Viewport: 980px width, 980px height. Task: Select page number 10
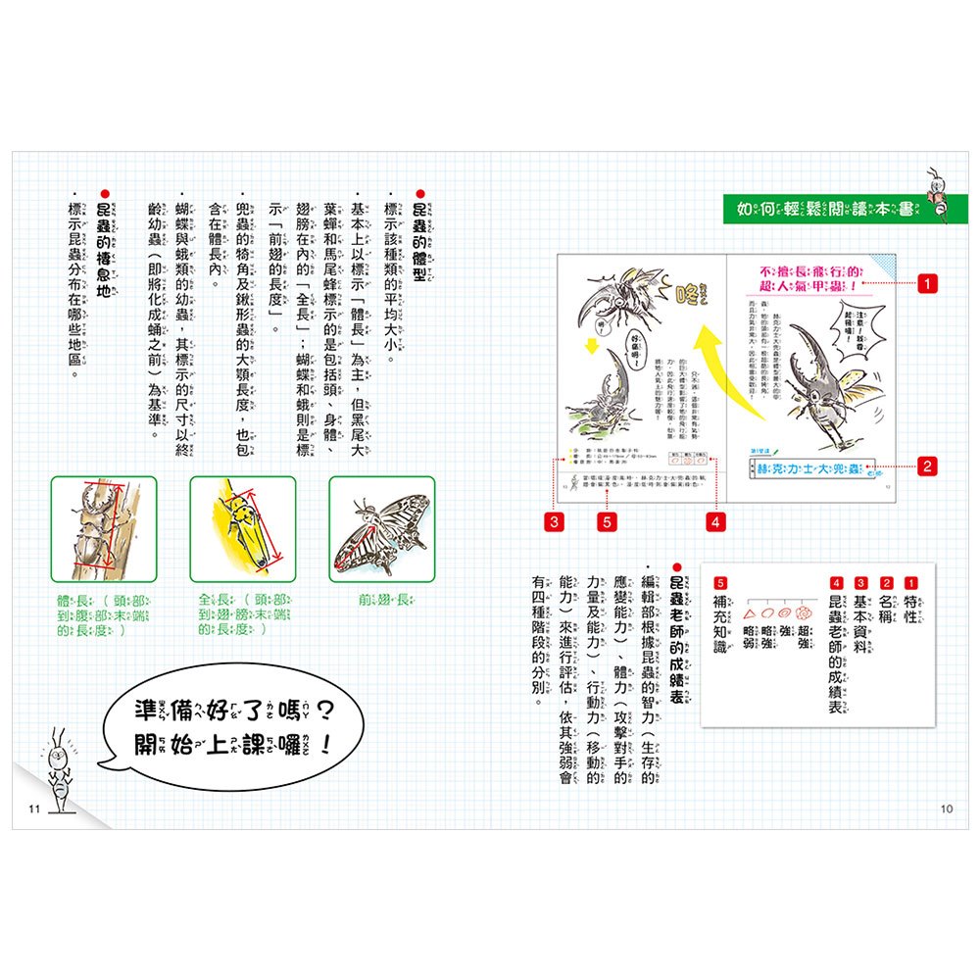tap(946, 808)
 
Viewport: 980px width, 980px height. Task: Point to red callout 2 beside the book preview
tap(925, 466)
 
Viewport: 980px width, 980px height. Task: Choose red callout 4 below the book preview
tap(716, 522)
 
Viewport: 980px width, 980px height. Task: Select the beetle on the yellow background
tap(242, 528)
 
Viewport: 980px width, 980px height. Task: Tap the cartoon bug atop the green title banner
tap(937, 190)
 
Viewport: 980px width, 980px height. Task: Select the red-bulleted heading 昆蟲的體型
tap(421, 235)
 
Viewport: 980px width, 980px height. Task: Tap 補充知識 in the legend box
tap(721, 627)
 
